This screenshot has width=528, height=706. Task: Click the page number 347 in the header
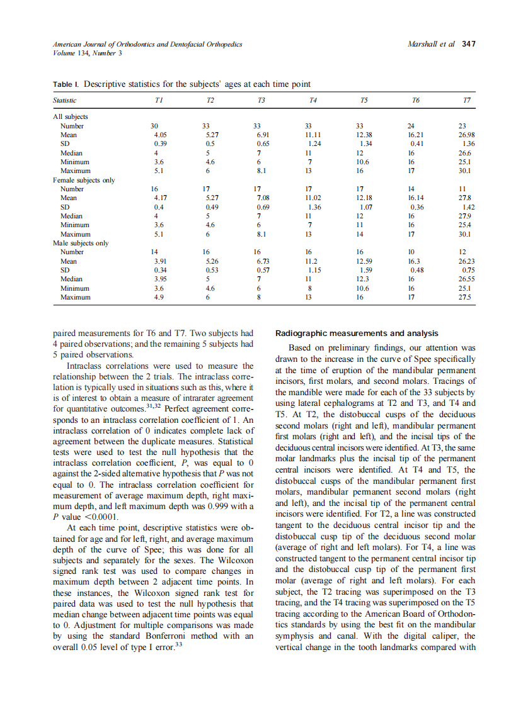[468, 44]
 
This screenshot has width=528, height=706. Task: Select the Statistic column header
[64, 101]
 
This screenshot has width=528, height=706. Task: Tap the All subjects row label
[70, 116]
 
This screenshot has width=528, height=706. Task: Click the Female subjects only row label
[83, 180]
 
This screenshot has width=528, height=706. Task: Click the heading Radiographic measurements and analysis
[357, 333]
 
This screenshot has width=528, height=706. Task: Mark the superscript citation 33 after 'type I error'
[178, 644]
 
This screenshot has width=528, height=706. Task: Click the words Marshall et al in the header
[432, 44]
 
